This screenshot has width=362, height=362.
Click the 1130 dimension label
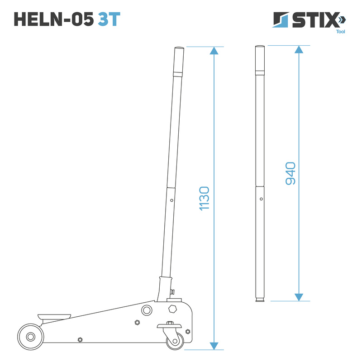204,198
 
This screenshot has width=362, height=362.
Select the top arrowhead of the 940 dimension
299,49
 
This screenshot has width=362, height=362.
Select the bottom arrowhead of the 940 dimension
299,297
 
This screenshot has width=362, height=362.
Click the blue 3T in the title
109,19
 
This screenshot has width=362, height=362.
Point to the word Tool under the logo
341,32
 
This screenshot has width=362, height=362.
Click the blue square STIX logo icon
280,20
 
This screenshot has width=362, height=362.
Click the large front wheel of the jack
31,337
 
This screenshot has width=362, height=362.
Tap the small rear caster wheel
175,340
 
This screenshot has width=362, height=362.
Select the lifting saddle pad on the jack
54,315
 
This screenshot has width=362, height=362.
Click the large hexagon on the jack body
172,310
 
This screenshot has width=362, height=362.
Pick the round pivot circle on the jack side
147,310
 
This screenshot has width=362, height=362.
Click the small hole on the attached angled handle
171,199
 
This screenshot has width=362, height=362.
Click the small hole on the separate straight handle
261,198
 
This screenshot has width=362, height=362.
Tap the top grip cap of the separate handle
259,59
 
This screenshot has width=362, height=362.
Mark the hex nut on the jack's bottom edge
80,340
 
